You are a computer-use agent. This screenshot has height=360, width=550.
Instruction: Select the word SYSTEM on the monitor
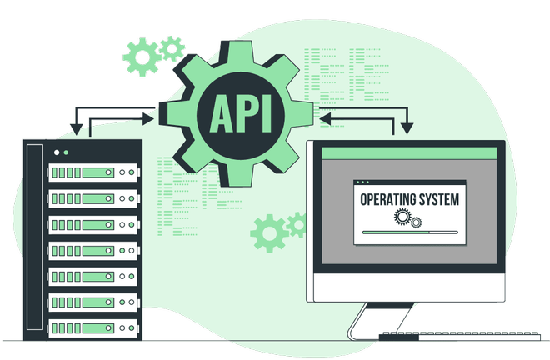[437, 200]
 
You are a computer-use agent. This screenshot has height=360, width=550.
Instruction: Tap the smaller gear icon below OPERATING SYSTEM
[417, 222]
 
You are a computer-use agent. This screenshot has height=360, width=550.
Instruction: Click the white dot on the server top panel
[56, 152]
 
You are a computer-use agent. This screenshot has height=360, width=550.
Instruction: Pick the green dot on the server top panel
[66, 152]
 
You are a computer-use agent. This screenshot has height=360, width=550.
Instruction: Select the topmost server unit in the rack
[91, 172]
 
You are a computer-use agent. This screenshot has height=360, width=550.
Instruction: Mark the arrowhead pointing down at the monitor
[407, 128]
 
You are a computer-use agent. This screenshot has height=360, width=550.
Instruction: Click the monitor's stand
[367, 320]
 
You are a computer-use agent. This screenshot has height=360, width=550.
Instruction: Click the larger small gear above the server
[141, 57]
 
